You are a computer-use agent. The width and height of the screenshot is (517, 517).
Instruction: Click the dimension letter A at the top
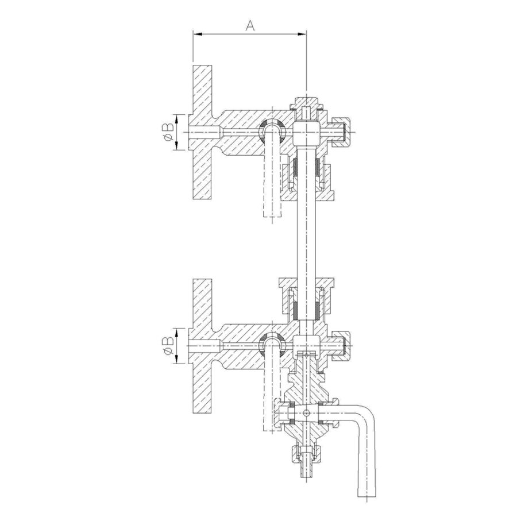pyautogui.click(x=250, y=25)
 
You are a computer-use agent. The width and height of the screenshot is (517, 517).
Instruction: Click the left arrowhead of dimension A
pyautogui.click(x=198, y=34)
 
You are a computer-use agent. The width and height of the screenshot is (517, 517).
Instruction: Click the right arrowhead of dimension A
pyautogui.click(x=302, y=34)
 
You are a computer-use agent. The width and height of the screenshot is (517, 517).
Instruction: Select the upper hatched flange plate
pyautogui.click(x=202, y=132)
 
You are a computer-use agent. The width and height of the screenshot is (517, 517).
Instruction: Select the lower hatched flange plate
pyautogui.click(x=202, y=346)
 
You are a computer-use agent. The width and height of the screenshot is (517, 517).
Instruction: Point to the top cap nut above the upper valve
pyautogui.click(x=306, y=103)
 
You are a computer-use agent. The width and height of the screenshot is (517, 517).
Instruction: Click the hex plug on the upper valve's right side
pyautogui.click(x=341, y=132)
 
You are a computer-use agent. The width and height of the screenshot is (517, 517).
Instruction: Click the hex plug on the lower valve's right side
pyautogui.click(x=341, y=346)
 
